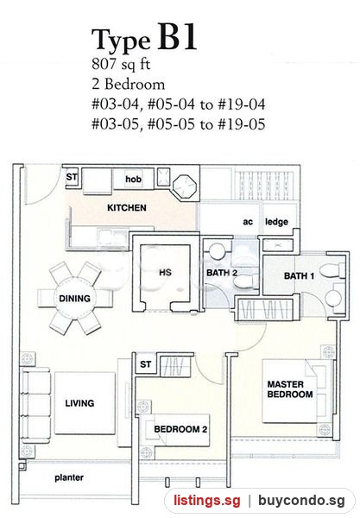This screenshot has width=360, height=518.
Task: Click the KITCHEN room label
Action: [127, 208]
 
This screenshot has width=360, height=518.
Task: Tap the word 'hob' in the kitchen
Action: [134, 179]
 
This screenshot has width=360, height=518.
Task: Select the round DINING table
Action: [74, 299]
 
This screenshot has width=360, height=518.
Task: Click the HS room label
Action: [165, 273]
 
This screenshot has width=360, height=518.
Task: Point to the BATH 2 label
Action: [222, 273]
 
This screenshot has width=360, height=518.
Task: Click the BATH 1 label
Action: [300, 275]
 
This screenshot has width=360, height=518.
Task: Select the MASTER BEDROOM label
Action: [290, 389]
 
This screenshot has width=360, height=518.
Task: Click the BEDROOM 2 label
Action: [180, 429]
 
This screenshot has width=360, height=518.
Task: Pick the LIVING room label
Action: [79, 403]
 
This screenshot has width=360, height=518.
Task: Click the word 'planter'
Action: [69, 477]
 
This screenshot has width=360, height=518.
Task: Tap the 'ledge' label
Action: [276, 222]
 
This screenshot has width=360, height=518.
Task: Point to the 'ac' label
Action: [248, 222]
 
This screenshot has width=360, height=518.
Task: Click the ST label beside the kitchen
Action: [72, 177]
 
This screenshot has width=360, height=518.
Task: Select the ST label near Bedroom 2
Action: [146, 364]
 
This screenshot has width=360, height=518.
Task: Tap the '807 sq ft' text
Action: [121, 64]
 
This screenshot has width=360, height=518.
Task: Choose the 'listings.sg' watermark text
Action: [207, 500]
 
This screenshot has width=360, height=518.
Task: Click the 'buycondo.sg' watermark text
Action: [301, 501]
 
